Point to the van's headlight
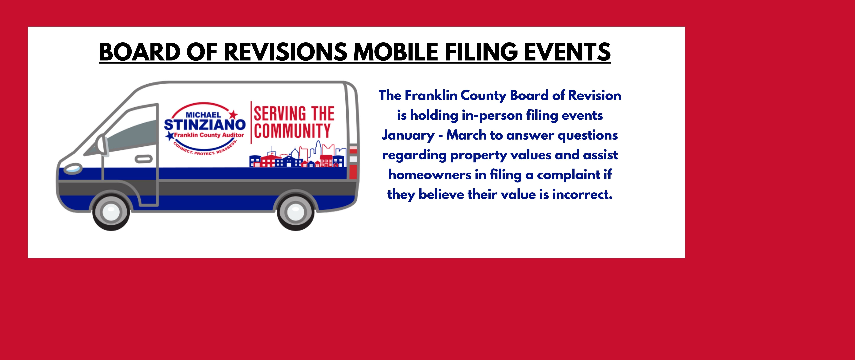(x=73, y=169)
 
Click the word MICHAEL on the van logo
(x=203, y=115)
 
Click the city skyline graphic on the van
(x=298, y=156)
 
